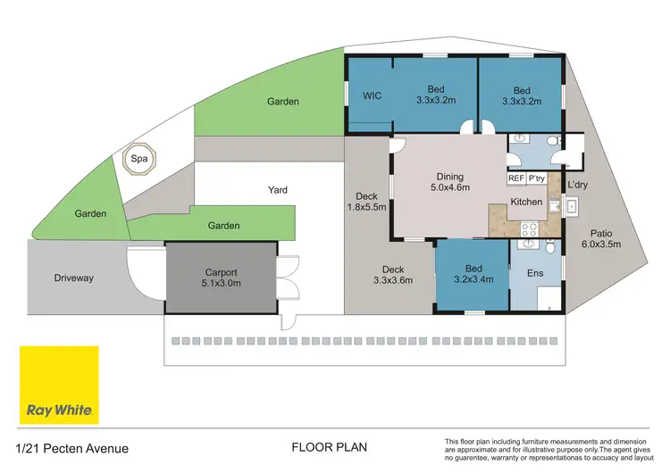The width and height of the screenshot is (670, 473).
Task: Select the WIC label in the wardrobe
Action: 373,95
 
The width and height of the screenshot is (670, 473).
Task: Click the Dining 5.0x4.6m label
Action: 449,182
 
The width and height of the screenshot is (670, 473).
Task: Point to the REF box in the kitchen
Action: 516,178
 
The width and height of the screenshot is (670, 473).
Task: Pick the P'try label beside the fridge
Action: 537,178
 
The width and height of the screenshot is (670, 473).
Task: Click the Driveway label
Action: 72,278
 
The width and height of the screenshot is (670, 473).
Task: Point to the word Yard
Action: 278,190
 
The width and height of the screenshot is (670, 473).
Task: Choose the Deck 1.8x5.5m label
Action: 367,203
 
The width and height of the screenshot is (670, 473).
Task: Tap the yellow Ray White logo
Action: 59,385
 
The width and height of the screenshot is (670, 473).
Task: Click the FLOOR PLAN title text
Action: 330,447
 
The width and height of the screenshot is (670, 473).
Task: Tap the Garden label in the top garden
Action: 283,102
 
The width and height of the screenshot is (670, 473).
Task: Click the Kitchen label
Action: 525,203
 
